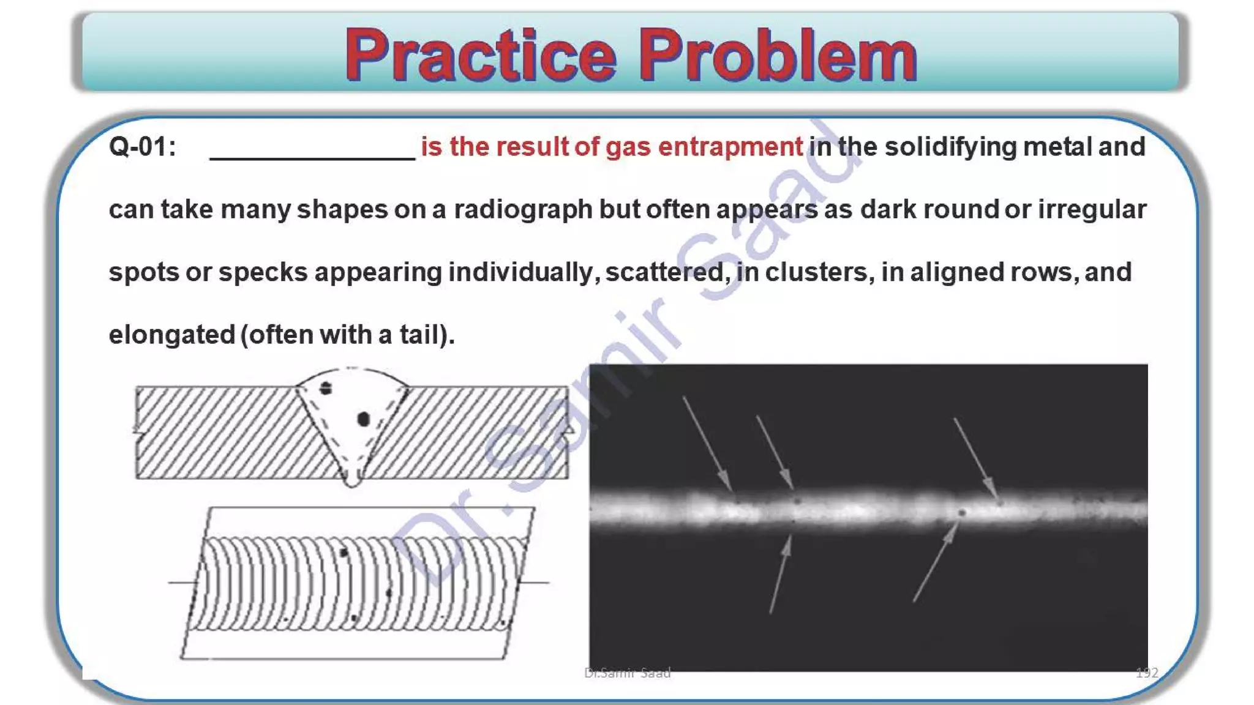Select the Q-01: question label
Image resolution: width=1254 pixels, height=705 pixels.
(142, 147)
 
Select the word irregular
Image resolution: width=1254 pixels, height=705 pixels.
(1091, 210)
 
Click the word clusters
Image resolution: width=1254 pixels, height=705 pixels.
(819, 272)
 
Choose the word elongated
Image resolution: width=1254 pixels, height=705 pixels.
(172, 335)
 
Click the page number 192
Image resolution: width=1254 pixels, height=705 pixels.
(1147, 673)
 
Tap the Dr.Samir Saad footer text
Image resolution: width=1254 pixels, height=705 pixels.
(627, 673)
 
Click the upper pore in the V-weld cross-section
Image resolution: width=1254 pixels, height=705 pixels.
(326, 388)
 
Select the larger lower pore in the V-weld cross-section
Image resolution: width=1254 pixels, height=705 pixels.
(363, 419)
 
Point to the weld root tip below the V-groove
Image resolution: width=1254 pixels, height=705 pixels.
(352, 480)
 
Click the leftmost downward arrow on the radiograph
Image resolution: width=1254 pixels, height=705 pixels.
(707, 443)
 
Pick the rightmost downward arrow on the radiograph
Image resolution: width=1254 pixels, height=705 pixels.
(975, 457)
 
